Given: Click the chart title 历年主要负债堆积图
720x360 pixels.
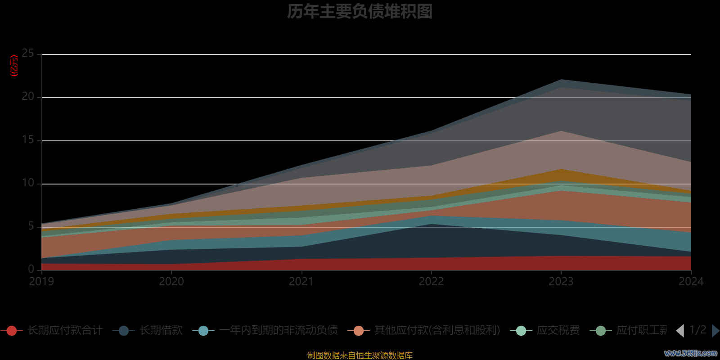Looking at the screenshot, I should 360,12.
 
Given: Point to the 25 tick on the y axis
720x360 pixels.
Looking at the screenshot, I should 28,54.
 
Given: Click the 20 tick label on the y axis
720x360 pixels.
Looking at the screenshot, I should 28,97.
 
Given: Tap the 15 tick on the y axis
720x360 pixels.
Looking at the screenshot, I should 28,140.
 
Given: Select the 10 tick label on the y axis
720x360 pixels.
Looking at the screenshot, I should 28,183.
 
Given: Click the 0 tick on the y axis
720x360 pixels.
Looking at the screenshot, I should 31,269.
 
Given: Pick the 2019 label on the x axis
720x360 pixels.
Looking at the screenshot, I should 41,282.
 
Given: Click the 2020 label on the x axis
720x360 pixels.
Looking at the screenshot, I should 171,282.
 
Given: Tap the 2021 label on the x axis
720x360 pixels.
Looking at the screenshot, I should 301,282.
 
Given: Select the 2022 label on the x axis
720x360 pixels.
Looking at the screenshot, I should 431,282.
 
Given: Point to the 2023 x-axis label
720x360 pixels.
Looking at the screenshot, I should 561,282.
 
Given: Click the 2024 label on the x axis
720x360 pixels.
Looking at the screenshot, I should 691,282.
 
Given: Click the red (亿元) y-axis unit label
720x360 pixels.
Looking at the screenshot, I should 14,66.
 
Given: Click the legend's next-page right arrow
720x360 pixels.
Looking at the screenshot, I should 715,331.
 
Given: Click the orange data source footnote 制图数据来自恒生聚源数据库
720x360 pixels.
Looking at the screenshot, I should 360,355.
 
